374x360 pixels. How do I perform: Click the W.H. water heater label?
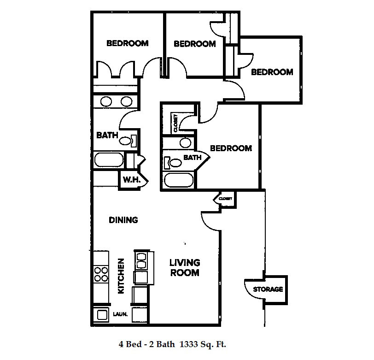(x=132, y=180)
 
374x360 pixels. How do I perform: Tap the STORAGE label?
(x=268, y=289)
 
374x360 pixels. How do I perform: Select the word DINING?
(x=123, y=220)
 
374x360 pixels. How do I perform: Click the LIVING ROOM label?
(x=185, y=268)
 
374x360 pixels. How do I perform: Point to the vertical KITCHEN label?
(x=122, y=276)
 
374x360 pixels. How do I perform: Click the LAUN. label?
(x=120, y=314)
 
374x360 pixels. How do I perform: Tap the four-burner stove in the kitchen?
(x=101, y=274)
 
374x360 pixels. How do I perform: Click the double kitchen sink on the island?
(x=141, y=261)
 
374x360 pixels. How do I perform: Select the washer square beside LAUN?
(x=102, y=315)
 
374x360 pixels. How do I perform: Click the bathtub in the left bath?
(x=109, y=159)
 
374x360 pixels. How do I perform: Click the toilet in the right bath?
(x=173, y=163)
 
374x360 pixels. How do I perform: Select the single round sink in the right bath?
(x=185, y=143)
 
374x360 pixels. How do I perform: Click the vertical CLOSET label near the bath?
(x=175, y=123)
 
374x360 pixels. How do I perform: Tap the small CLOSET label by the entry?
(x=225, y=199)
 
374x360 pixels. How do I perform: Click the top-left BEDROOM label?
(x=128, y=43)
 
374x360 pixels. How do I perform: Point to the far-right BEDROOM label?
(x=272, y=72)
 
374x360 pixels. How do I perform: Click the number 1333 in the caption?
(x=189, y=344)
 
